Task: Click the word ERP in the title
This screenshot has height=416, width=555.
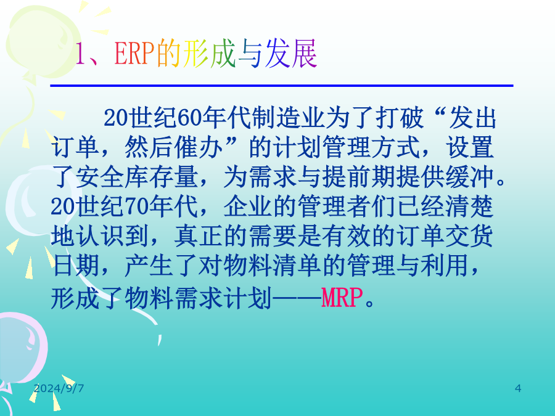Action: (134, 54)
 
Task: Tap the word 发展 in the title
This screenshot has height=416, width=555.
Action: (291, 54)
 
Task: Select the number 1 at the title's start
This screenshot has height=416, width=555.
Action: (80, 54)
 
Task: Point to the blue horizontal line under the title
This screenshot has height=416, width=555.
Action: (282, 86)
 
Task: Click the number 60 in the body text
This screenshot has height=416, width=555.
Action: (189, 118)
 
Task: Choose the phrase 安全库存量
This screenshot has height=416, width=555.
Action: (137, 177)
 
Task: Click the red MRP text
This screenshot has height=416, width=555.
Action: (342, 298)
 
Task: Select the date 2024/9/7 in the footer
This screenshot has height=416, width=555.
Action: (59, 388)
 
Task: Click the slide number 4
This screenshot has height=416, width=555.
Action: (518, 388)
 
